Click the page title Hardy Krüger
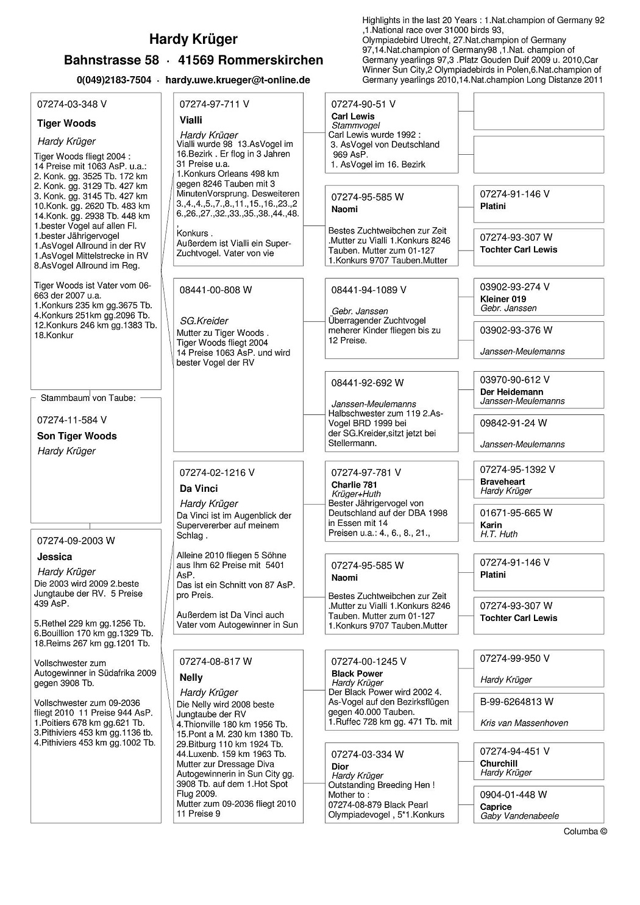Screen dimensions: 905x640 (193, 40)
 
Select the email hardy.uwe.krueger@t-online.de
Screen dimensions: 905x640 (238, 80)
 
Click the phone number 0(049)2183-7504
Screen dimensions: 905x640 (114, 80)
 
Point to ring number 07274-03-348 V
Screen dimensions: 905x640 (72, 104)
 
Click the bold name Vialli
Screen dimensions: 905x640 (191, 120)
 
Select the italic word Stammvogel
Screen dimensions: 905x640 (355, 126)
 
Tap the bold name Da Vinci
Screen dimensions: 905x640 (199, 488)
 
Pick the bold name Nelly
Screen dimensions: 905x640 (191, 677)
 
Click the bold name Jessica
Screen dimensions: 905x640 (54, 556)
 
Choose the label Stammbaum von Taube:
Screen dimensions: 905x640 (88, 398)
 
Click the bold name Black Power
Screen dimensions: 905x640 (357, 673)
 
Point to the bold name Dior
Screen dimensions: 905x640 (340, 766)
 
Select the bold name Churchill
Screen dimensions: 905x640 (499, 763)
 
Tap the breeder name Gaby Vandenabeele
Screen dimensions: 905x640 (519, 816)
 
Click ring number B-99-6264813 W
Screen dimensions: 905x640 (517, 701)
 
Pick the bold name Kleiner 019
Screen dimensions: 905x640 (503, 299)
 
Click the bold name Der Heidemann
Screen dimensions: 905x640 (511, 392)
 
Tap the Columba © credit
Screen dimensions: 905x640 (585, 831)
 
